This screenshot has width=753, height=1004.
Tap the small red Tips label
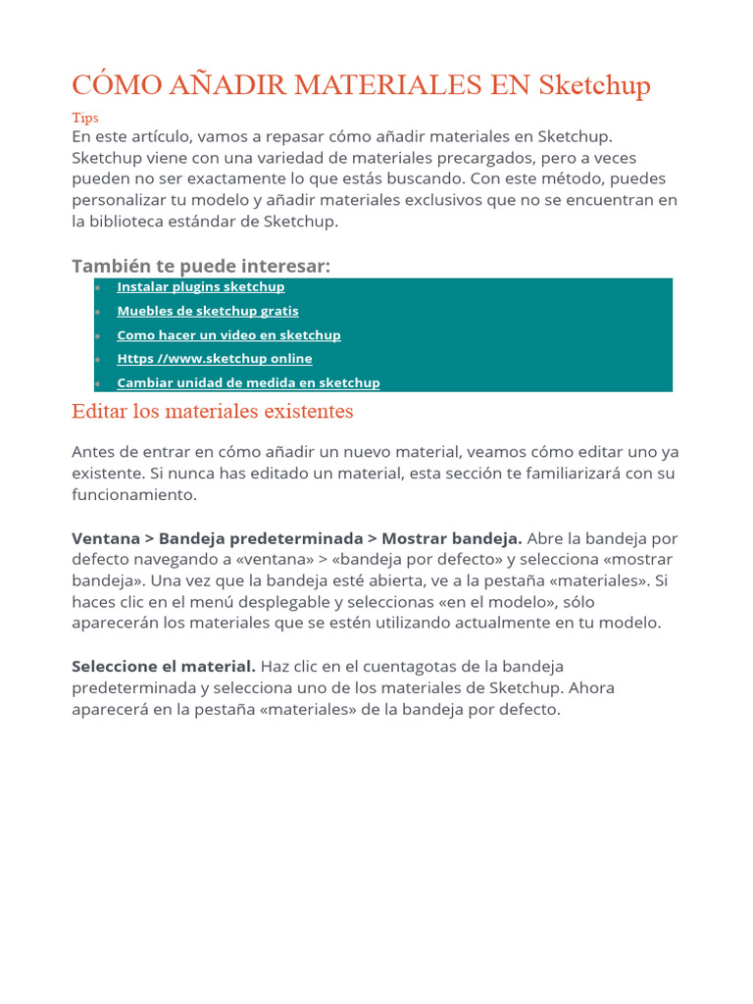pos(85,118)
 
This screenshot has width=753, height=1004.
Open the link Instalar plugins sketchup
pos(200,287)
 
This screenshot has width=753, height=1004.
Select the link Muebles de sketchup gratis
pos(208,311)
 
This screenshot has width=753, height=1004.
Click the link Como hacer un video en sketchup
pos(228,335)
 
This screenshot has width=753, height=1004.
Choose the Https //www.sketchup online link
pos(214,359)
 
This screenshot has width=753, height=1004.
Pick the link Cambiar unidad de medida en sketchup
pos(248,382)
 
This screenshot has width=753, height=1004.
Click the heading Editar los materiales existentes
pos(212,412)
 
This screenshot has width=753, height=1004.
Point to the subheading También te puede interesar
pos(201,267)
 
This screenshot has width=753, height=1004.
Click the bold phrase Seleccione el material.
pos(164,667)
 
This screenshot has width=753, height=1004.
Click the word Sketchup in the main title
pos(594,85)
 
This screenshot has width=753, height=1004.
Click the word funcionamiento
pos(134,495)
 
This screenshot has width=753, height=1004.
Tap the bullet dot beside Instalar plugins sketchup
pos(98,287)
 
